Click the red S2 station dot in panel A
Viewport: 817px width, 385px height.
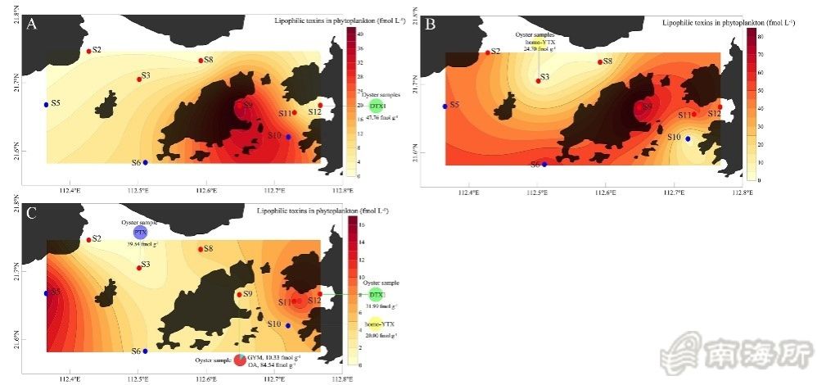pyautogui.click(x=89, y=52)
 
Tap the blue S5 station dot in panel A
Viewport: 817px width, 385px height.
pyautogui.click(x=46, y=105)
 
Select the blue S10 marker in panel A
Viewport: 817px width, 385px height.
pyautogui.click(x=288, y=137)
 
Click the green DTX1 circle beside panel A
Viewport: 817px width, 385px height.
pyautogui.click(x=377, y=106)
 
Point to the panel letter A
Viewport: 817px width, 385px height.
pyautogui.click(x=32, y=25)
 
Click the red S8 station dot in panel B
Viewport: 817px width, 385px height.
pyautogui.click(x=600, y=61)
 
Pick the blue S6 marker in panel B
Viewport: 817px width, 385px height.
pyautogui.click(x=544, y=164)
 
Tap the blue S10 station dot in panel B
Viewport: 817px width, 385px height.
pyautogui.click(x=688, y=138)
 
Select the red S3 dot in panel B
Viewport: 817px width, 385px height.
pyautogui.click(x=538, y=80)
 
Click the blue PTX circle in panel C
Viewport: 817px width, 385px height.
pyautogui.click(x=139, y=233)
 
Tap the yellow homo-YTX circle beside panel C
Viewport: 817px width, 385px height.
pyautogui.click(x=376, y=324)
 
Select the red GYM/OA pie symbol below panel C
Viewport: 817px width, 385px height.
pyautogui.click(x=240, y=360)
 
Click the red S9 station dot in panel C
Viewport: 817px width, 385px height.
pyautogui.click(x=239, y=294)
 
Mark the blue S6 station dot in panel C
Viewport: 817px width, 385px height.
pyautogui.click(x=146, y=351)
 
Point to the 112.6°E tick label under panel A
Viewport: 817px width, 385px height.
pyautogui.click(x=205, y=191)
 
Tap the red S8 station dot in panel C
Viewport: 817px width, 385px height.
pyautogui.click(x=201, y=249)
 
